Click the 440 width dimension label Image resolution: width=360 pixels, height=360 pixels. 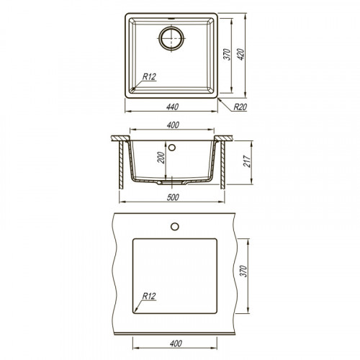[x=172, y=107]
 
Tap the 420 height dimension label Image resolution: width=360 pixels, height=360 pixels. [x=240, y=54]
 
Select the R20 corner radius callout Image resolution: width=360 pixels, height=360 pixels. [x=240, y=107]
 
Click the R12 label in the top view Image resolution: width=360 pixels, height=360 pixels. [x=149, y=77]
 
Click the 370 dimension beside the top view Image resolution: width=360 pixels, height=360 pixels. [x=227, y=54]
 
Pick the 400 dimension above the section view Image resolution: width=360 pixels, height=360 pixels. [x=173, y=125]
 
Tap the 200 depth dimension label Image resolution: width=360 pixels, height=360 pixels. [x=161, y=158]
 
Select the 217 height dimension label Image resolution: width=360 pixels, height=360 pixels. [x=247, y=161]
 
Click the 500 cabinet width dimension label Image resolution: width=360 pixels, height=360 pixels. [x=173, y=197]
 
